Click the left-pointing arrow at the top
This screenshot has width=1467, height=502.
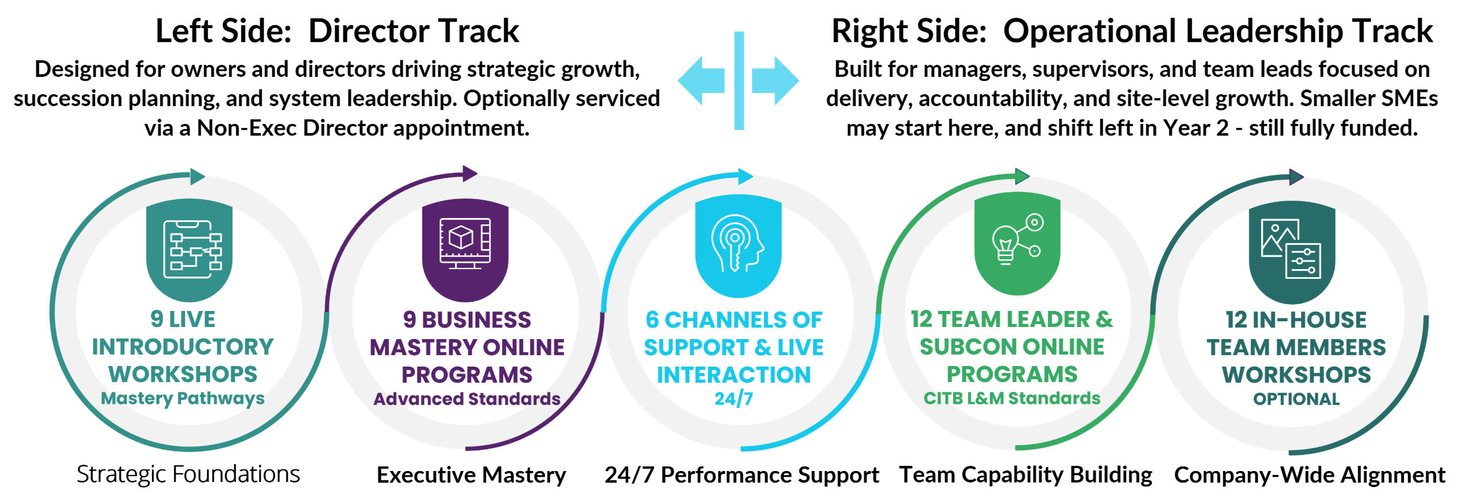pyautogui.click(x=700, y=81)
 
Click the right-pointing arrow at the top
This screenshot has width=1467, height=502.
pyautogui.click(x=776, y=81)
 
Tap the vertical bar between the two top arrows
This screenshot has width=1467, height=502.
pyautogui.click(x=739, y=80)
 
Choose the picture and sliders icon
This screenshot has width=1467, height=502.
pyautogui.click(x=1291, y=248)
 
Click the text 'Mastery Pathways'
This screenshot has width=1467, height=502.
pyautogui.click(x=183, y=398)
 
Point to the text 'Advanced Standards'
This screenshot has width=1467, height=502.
pyautogui.click(x=467, y=399)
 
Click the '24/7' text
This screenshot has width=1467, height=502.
pyautogui.click(x=733, y=398)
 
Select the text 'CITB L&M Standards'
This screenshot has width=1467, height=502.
pyautogui.click(x=1012, y=398)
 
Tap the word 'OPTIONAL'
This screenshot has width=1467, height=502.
pyautogui.click(x=1296, y=399)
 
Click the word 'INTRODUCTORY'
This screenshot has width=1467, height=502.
pyautogui.click(x=183, y=347)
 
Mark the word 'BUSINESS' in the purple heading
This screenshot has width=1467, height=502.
pyautogui.click(x=477, y=320)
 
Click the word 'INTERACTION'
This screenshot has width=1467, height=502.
pyautogui.click(x=734, y=375)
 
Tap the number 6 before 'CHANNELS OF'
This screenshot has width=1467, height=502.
pyautogui.click(x=652, y=320)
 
